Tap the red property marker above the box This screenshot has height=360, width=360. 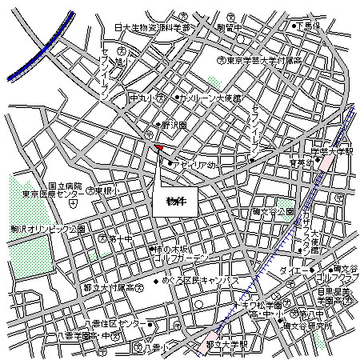(x=158, y=148)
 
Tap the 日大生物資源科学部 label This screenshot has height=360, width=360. (x=153, y=27)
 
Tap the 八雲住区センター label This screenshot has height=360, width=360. (x=111, y=324)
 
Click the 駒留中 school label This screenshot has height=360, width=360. (x=229, y=27)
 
